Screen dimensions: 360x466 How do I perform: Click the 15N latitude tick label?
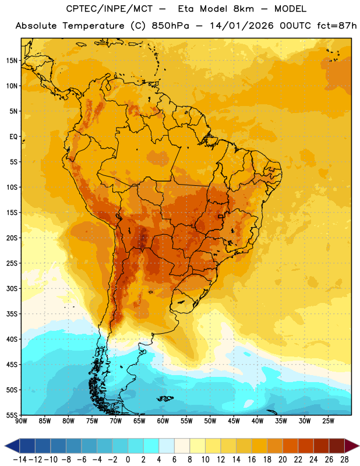[x=12, y=61]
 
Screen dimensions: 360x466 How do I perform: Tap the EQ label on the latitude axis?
[x=13, y=137]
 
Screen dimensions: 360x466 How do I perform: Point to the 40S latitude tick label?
[x=12, y=339]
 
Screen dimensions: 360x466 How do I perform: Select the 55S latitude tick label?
[x=12, y=415]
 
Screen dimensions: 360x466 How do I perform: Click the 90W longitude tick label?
[x=21, y=421]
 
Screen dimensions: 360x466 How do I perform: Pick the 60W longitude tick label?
[x=163, y=421]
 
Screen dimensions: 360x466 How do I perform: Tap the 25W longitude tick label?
[x=328, y=421]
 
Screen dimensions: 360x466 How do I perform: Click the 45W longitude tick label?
[x=234, y=421]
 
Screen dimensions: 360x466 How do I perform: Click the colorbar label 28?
[x=344, y=460]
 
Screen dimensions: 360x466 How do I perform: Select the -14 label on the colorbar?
[x=20, y=460]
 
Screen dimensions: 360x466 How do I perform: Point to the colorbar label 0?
[x=128, y=460]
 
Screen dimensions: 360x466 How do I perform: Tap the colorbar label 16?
[x=252, y=460]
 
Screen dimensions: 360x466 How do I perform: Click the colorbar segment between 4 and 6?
[x=167, y=446]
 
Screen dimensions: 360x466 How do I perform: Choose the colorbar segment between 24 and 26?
[x=322, y=446]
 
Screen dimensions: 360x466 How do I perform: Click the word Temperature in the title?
[x=93, y=26]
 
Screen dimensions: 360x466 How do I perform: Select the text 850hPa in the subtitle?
[x=170, y=26]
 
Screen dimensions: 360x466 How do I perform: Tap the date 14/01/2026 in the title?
[x=241, y=26]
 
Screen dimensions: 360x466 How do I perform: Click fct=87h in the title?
[x=337, y=26]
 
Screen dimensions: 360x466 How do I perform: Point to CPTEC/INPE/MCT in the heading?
[x=108, y=9]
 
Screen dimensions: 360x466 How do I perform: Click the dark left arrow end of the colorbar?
[x=12, y=446]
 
